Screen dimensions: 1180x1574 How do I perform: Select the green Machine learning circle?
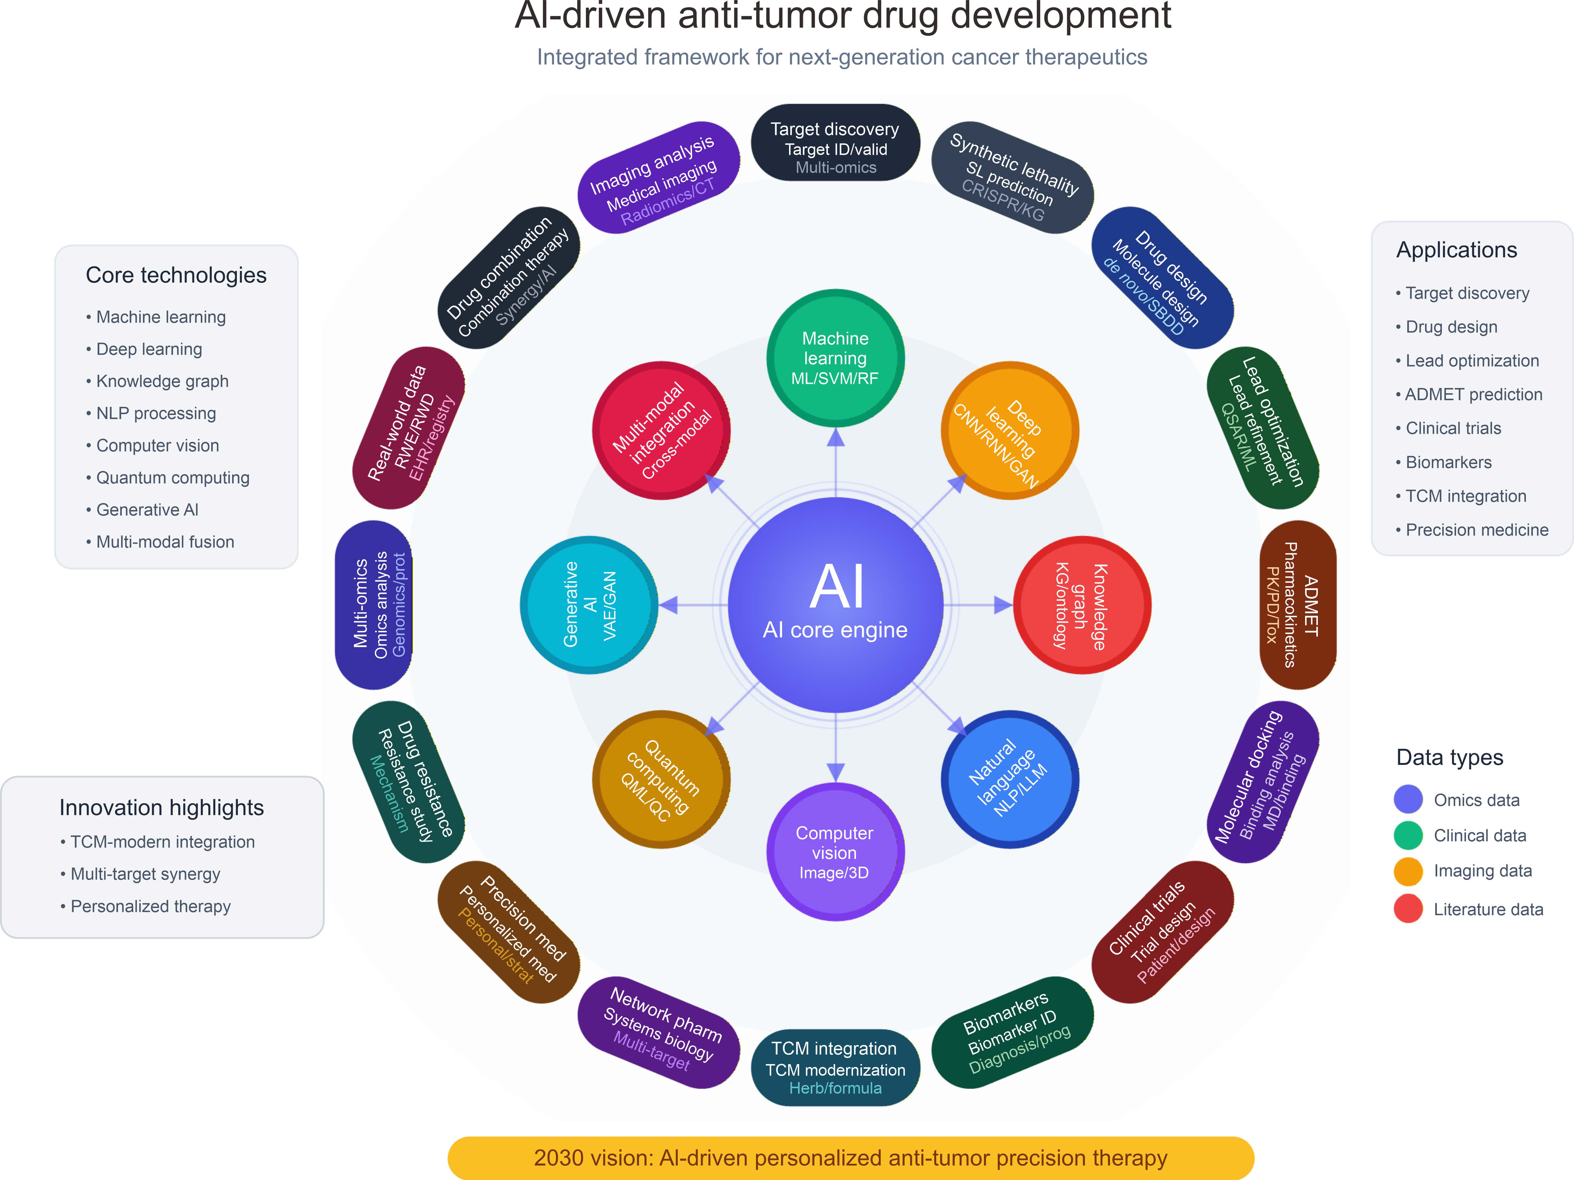[835, 358]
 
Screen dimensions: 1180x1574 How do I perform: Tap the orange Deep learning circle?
[1010, 431]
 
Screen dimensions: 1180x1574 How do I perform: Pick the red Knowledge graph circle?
[1082, 605]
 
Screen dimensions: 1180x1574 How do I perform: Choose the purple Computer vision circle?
[835, 852]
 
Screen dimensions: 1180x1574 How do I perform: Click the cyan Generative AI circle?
[589, 605]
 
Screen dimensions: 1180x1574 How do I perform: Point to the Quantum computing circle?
[661, 779]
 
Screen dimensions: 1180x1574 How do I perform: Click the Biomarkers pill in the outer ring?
[1012, 1032]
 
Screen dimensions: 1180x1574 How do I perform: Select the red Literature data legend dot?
[1408, 909]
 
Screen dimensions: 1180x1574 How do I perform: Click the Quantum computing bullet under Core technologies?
[172, 478]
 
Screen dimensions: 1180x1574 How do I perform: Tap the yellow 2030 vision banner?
[850, 1158]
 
